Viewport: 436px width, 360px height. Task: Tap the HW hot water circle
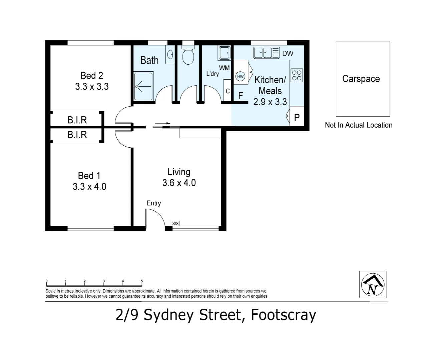[240, 76]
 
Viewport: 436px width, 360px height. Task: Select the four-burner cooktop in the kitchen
[297, 75]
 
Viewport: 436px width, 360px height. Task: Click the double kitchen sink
[267, 53]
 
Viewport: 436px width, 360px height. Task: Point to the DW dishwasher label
[288, 54]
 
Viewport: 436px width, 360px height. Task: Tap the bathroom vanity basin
[170, 55]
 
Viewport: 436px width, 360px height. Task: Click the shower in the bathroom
[143, 86]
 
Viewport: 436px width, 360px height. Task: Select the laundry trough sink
[224, 53]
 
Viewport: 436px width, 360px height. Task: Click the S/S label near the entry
[175, 224]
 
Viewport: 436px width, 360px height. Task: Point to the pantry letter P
[297, 117]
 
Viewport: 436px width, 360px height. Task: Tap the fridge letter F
[241, 96]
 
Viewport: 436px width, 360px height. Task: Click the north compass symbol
[373, 284]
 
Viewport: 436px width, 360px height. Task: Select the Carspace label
[361, 79]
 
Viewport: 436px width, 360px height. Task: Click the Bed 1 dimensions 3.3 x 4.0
[89, 187]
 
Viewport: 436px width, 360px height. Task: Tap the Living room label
[179, 172]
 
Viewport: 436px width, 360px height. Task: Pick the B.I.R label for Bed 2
[77, 120]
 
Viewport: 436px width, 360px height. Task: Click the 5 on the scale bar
[142, 281]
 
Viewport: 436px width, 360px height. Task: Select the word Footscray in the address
[284, 315]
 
